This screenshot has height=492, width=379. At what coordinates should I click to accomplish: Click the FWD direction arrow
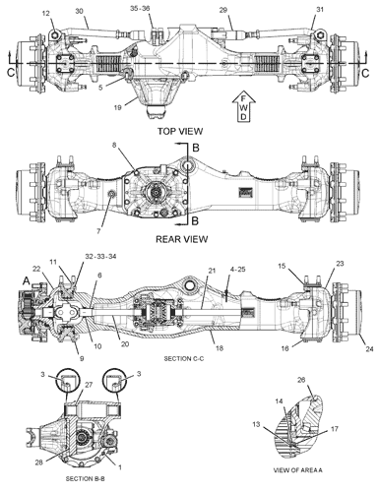coord(243,106)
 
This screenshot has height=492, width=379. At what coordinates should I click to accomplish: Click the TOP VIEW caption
coord(180,131)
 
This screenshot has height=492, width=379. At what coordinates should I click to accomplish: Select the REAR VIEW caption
coord(181,239)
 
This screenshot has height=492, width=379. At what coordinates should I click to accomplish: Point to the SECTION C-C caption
coord(184,358)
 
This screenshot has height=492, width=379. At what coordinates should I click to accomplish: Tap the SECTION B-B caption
coord(86,479)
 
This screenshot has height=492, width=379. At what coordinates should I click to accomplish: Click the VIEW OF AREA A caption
coord(298,470)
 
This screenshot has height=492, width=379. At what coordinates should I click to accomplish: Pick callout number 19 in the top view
coord(118,107)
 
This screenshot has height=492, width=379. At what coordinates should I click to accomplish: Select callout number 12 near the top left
coord(46,13)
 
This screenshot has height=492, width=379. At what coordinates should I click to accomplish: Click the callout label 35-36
coord(140,8)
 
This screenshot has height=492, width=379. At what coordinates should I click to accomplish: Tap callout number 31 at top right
coord(320,10)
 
